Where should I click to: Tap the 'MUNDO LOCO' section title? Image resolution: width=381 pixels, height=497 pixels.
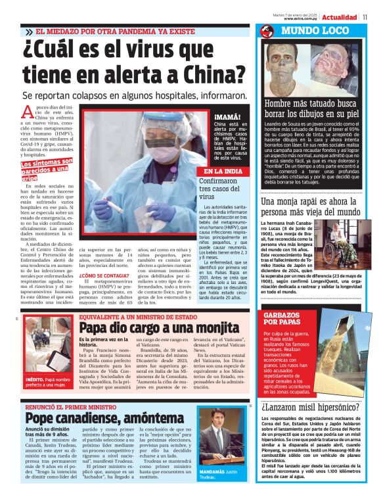(x=309, y=30)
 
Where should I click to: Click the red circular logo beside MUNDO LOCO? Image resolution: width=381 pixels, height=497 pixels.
(x=267, y=31)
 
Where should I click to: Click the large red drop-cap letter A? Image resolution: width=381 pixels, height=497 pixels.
(x=27, y=113)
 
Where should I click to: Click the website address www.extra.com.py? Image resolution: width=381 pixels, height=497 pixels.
(x=302, y=18)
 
